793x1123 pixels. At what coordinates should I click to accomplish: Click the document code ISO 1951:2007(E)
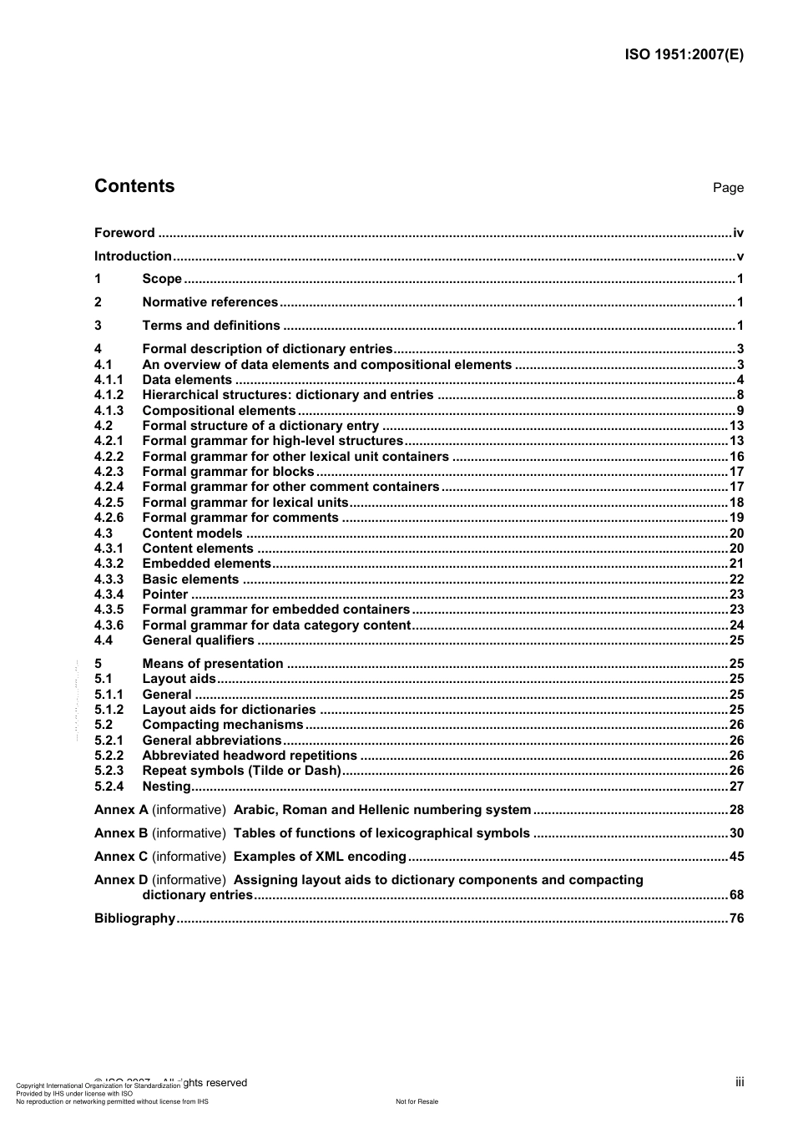pos(684,55)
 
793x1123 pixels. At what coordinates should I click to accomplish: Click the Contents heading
pos(134,186)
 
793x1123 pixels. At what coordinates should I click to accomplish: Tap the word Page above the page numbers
pos(728,188)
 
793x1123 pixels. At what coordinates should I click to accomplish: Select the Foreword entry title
pos(124,233)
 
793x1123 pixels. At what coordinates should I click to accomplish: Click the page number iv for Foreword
pos(738,233)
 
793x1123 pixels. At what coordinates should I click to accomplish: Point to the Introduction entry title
pos(133,256)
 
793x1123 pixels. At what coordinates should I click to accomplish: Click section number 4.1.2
pos(109,395)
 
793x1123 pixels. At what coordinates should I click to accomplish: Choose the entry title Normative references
pos(210,302)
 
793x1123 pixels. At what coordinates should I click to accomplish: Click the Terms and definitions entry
pos(211,326)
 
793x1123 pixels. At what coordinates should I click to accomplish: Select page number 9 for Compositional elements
pos(740,411)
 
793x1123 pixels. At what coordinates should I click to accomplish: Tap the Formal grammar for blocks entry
pos(228,472)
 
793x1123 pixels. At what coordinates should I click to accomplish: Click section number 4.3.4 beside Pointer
pos(109,594)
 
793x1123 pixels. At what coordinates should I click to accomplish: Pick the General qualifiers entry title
pos(198,640)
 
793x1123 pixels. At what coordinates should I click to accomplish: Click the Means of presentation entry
pos(213,664)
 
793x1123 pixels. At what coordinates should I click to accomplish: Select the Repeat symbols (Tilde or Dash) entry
pos(241,771)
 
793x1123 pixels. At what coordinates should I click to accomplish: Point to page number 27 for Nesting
pos(736,787)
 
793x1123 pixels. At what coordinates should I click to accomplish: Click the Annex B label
pos(121,833)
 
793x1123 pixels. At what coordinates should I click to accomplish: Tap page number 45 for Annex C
pos(736,857)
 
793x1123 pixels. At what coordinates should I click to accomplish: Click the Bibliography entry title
pos(134,918)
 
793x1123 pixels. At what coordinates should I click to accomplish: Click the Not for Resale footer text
pos(417,1101)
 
